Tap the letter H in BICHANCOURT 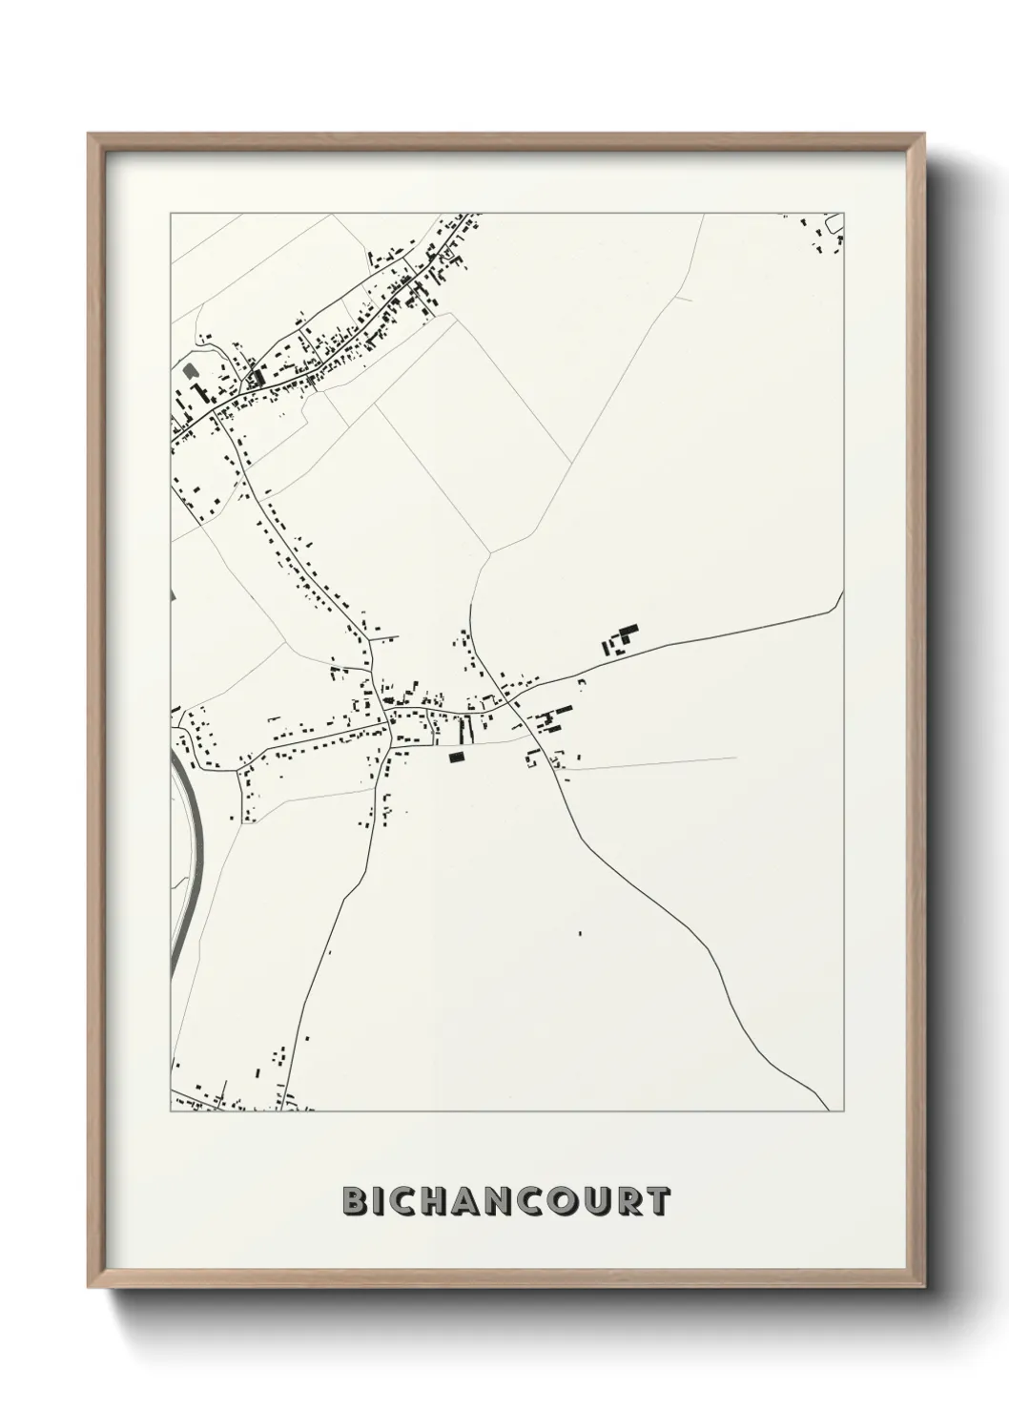tap(425, 1201)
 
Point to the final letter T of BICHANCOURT tap(657, 1201)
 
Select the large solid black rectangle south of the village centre tap(456, 758)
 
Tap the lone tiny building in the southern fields tap(580, 933)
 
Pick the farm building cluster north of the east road tap(621, 639)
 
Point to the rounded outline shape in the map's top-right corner tap(835, 225)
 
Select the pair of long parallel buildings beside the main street tap(464, 731)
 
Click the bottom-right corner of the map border tap(844, 1111)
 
